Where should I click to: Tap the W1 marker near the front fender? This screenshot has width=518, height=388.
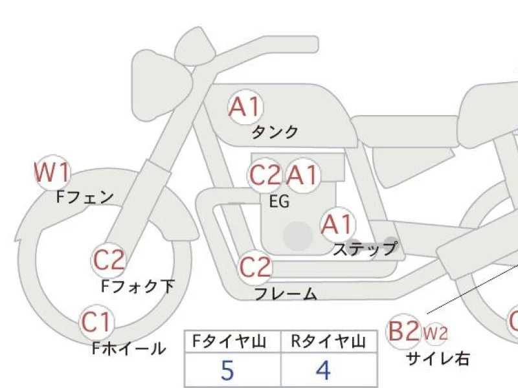[52, 173]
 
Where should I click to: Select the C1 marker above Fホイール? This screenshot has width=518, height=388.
[97, 321]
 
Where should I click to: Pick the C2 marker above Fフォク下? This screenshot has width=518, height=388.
[109, 260]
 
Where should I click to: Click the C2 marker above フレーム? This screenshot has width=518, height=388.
[255, 267]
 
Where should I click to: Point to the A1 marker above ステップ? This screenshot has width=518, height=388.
[338, 224]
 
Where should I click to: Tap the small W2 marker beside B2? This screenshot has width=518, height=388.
[435, 333]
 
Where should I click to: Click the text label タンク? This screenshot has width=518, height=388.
[275, 132]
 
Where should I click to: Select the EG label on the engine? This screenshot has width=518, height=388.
[279, 202]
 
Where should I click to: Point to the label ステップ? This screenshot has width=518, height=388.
[364, 248]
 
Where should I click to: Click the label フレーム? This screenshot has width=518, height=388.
[286, 294]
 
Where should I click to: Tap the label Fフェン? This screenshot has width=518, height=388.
[85, 197]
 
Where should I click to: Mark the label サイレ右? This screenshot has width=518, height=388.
[437, 358]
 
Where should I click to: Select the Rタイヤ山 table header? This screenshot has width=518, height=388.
[330, 341]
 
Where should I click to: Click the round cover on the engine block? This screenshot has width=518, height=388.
[298, 236]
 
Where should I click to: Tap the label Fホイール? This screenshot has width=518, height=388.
[129, 349]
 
